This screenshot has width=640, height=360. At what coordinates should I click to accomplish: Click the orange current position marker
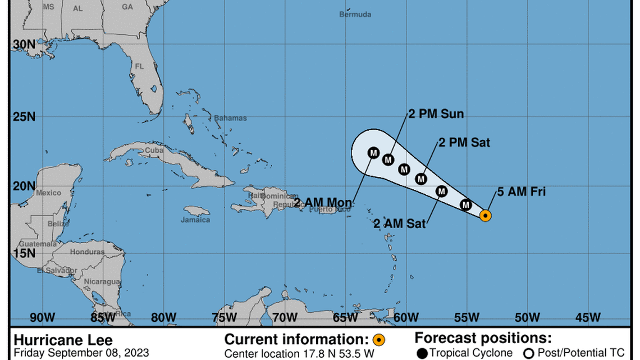(486, 215)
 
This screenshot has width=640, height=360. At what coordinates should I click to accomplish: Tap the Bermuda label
(355, 14)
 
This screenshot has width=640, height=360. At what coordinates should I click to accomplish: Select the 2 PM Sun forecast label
(436, 114)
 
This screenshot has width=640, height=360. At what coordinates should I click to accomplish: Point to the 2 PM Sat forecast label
(464, 143)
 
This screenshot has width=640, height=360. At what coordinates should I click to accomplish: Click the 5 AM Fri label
(522, 193)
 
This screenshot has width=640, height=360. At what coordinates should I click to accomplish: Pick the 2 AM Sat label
(400, 224)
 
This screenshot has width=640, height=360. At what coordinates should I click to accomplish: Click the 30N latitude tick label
(23, 44)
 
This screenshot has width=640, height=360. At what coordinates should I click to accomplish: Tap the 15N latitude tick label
(23, 253)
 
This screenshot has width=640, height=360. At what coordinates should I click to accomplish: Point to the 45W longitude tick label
(588, 317)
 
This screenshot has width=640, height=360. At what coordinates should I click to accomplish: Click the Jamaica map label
(195, 220)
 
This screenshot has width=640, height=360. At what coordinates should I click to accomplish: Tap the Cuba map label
(154, 151)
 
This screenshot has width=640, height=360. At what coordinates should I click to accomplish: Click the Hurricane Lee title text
(62, 340)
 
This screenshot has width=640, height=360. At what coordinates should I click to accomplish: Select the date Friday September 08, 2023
(81, 353)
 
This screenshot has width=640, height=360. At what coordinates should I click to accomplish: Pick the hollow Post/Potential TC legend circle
(528, 353)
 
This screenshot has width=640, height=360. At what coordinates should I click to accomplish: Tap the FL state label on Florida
(140, 66)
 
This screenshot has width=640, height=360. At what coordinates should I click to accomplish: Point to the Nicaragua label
(102, 281)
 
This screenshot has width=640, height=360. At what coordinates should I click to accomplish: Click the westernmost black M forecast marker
(374, 152)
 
